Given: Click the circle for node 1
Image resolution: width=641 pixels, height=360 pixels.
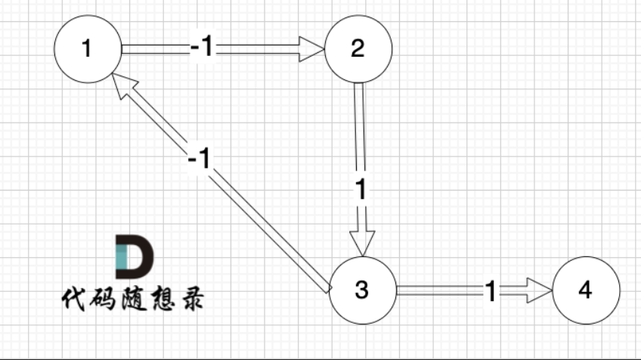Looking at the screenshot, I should (x=88, y=49).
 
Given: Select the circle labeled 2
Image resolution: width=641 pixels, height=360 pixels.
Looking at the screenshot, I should (x=358, y=49).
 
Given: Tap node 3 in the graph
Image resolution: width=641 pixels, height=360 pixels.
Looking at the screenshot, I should (x=362, y=290).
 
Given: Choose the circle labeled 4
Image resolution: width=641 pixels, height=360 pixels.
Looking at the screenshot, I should (x=587, y=290).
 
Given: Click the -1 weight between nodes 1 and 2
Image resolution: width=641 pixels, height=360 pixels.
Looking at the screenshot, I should (x=202, y=48).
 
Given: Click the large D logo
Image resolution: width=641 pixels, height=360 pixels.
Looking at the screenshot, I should (x=134, y=256).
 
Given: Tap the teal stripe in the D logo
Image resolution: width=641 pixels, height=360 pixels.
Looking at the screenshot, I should (x=120, y=256).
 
